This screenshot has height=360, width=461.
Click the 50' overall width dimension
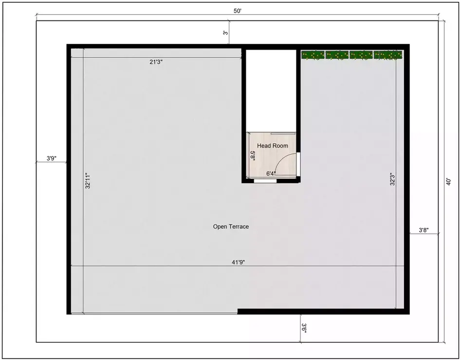click(238, 11)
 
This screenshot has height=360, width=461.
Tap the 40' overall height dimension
click(448, 182)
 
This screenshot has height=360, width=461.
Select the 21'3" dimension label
click(156, 62)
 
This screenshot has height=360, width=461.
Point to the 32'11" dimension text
click(88, 181)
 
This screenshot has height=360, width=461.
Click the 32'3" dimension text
click(392, 179)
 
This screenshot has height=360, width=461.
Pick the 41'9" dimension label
click(238, 262)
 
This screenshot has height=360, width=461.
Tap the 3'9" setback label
click(52, 158)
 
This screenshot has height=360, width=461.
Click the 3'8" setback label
click(424, 230)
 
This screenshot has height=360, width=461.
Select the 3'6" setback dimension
click(304, 328)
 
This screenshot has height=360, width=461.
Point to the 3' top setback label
click(225, 32)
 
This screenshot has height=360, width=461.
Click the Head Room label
click(273, 146)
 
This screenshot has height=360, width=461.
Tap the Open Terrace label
click(231, 227)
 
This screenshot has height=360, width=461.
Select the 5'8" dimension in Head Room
click(253, 155)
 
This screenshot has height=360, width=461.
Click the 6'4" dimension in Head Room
click(271, 173)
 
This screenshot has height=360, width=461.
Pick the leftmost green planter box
click(313, 55)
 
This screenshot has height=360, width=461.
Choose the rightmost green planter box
click(388, 55)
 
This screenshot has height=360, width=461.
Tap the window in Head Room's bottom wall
click(265, 181)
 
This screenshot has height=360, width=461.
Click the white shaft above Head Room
click(271, 91)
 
